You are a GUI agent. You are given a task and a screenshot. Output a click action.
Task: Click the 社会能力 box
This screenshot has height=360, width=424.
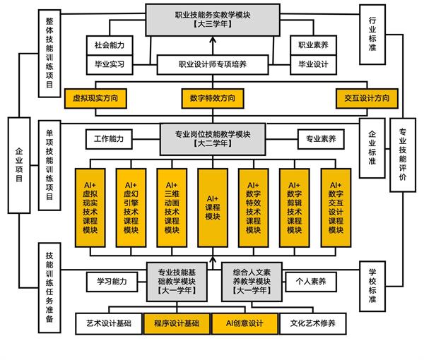click(110, 45)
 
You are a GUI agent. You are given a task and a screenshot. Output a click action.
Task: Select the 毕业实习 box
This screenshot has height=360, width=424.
click(110, 64)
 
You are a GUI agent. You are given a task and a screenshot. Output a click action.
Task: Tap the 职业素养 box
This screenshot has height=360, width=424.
click(313, 45)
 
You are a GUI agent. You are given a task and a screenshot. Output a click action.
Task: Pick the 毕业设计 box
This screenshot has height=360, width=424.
click(313, 64)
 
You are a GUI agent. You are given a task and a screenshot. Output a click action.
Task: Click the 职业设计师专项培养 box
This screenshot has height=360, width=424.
click(213, 64)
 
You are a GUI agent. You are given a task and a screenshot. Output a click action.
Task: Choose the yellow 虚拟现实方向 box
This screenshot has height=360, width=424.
click(95, 98)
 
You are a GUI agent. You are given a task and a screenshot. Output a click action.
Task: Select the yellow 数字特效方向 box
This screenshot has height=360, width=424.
click(213, 98)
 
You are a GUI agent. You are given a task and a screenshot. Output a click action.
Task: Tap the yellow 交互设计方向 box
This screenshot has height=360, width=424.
click(367, 98)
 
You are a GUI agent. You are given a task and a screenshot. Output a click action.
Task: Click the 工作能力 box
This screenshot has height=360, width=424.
click(109, 139)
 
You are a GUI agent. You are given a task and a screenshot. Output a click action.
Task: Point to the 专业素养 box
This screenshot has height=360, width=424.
click(321, 139)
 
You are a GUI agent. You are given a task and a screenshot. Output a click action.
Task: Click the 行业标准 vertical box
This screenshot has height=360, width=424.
click(372, 35)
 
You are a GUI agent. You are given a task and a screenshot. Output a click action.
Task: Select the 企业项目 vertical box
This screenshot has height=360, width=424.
click(19, 165)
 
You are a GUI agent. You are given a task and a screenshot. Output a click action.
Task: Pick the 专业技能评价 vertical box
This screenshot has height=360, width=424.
click(403, 155)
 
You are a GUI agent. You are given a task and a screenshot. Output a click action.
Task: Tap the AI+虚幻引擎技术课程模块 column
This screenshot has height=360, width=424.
click(131, 208)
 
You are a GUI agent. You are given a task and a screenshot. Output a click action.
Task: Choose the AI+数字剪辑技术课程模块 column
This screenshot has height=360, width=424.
click(295, 208)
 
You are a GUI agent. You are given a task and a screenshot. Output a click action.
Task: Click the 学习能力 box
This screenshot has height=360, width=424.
click(112, 282)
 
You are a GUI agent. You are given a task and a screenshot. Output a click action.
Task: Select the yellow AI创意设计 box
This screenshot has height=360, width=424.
click(245, 323)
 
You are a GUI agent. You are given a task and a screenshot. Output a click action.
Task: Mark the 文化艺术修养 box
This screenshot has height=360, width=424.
click(313, 323)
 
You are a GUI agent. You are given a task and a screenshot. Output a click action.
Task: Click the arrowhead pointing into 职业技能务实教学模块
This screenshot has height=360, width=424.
click(213, 40)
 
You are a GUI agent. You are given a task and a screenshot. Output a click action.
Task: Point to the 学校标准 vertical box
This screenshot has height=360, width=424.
click(372, 287)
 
